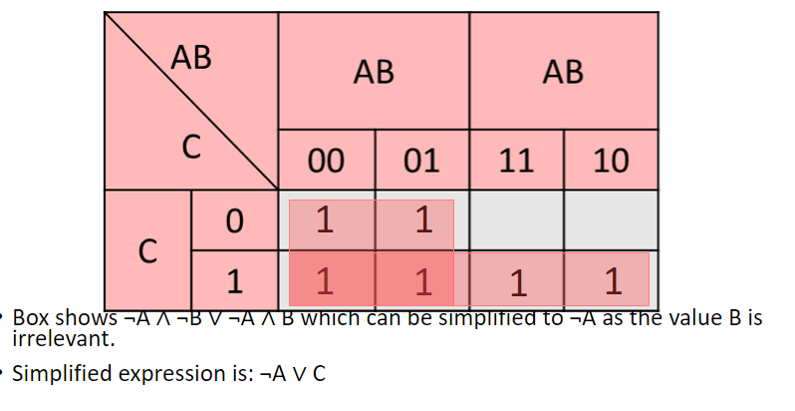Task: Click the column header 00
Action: pyautogui.click(x=327, y=161)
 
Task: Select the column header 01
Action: pyautogui.click(x=421, y=161)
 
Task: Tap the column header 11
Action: pyautogui.click(x=516, y=161)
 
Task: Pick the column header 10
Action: pyautogui.click(x=611, y=161)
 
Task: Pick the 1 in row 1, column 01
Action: pyautogui.click(x=422, y=282)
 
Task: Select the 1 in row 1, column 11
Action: pyautogui.click(x=516, y=283)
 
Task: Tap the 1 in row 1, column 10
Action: pyautogui.click(x=612, y=282)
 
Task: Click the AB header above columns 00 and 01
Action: pyautogui.click(x=374, y=73)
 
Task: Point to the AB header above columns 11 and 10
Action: pyautogui.click(x=563, y=73)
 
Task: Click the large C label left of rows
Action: pyautogui.click(x=147, y=250)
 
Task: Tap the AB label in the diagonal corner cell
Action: pyautogui.click(x=191, y=58)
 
